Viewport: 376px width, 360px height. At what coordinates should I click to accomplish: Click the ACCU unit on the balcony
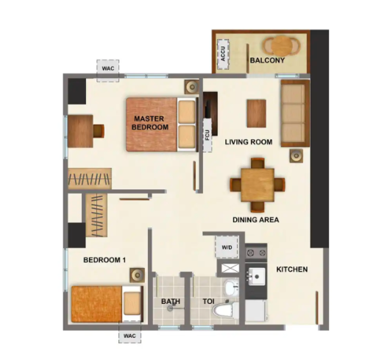point(223,54)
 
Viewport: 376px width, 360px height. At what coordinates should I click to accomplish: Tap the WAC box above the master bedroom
point(108,71)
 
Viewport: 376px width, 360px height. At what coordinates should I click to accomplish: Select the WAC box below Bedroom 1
point(130,336)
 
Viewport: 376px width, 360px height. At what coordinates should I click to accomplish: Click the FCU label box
point(207,135)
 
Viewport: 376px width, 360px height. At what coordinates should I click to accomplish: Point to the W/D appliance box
point(227,247)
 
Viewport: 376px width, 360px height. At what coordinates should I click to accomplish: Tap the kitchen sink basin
point(257,276)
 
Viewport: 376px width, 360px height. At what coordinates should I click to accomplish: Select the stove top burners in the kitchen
point(256,253)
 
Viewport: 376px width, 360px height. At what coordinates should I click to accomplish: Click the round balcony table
point(282,46)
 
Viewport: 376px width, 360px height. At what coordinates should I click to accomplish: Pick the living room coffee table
point(257,113)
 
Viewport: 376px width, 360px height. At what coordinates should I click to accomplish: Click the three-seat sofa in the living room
point(295,113)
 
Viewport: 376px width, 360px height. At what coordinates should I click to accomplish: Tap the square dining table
point(258,185)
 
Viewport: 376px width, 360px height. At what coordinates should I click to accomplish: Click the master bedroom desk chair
point(99,131)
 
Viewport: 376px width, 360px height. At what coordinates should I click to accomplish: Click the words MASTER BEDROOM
point(150,123)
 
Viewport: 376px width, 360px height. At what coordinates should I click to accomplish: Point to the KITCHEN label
point(292,269)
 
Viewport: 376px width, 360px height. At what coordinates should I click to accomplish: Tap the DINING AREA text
point(256,220)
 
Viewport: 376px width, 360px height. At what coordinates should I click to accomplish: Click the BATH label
point(171,301)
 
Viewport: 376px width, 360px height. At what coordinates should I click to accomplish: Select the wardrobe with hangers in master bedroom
point(90,178)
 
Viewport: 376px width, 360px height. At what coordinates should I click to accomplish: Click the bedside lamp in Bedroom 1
point(137,275)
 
